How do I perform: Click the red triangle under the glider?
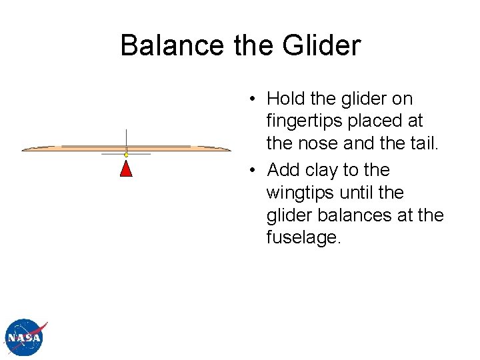tap(126, 168)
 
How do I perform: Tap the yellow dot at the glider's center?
tap(126, 155)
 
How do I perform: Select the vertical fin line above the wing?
tap(126, 137)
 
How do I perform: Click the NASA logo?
tap(25, 339)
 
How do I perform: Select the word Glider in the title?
tap(321, 46)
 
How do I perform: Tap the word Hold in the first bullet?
tap(287, 99)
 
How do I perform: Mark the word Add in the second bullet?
tap(284, 170)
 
